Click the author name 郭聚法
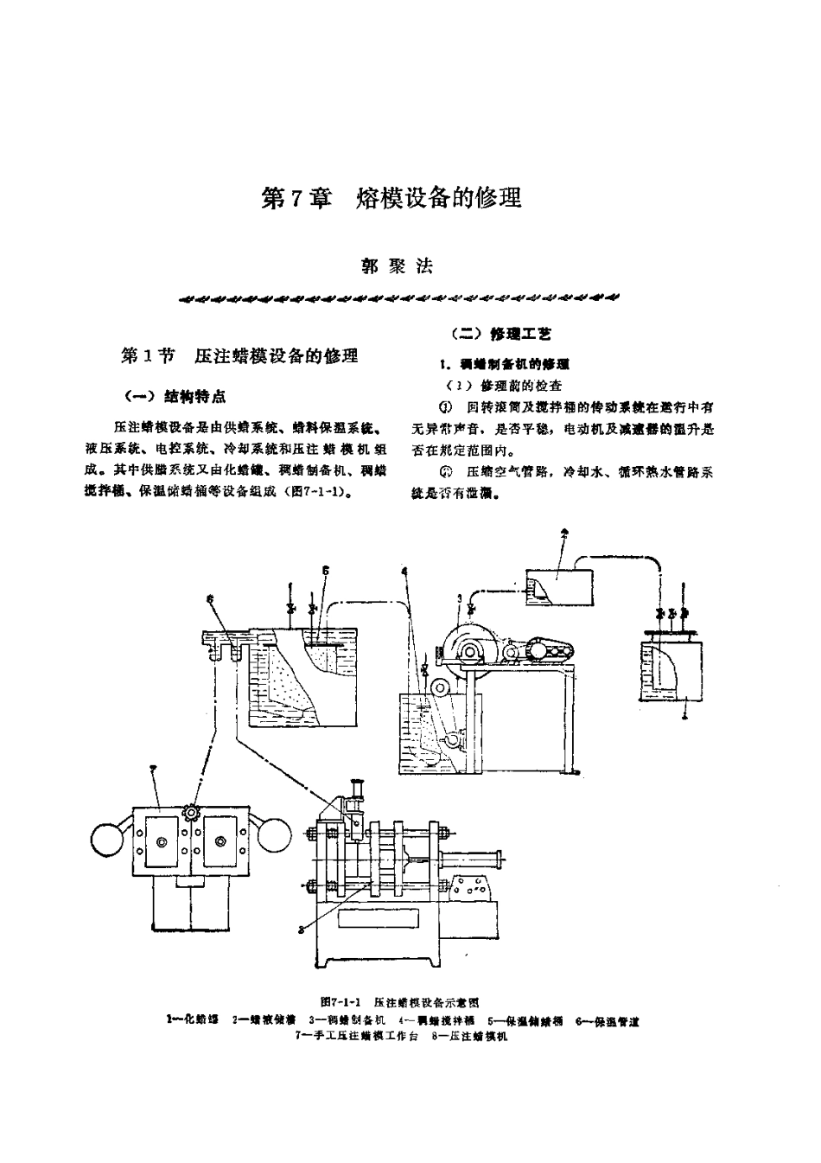[397, 266]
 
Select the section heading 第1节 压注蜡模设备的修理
[239, 355]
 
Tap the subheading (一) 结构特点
[175, 396]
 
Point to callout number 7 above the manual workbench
[153, 768]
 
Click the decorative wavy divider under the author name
[397, 299]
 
